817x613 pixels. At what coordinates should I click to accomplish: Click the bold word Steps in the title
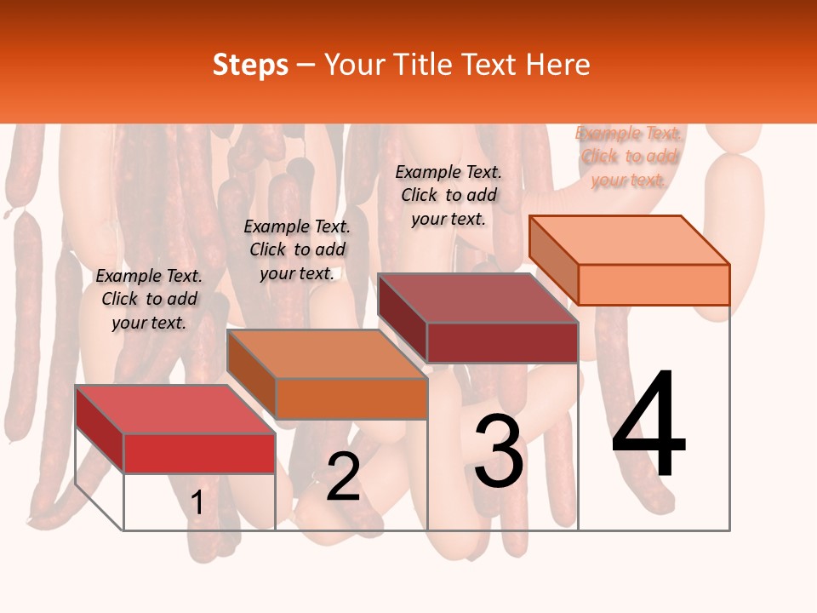[250, 65]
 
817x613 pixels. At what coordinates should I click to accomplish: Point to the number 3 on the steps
[499, 450]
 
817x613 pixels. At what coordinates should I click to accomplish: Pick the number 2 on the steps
[343, 477]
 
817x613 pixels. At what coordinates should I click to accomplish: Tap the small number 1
[197, 503]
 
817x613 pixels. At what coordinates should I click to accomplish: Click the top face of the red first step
[174, 410]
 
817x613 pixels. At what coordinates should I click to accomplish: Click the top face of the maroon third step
[477, 298]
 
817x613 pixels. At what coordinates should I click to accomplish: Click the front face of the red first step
[199, 453]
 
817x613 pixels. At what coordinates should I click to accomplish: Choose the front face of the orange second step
[351, 398]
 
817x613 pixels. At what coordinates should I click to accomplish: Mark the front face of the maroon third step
[502, 342]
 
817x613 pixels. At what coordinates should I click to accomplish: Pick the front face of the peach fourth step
[654, 284]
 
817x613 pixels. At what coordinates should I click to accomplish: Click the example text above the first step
[149, 300]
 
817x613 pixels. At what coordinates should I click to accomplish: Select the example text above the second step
[297, 249]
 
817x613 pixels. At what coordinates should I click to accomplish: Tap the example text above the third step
[448, 195]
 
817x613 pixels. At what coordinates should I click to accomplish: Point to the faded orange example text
[628, 157]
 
